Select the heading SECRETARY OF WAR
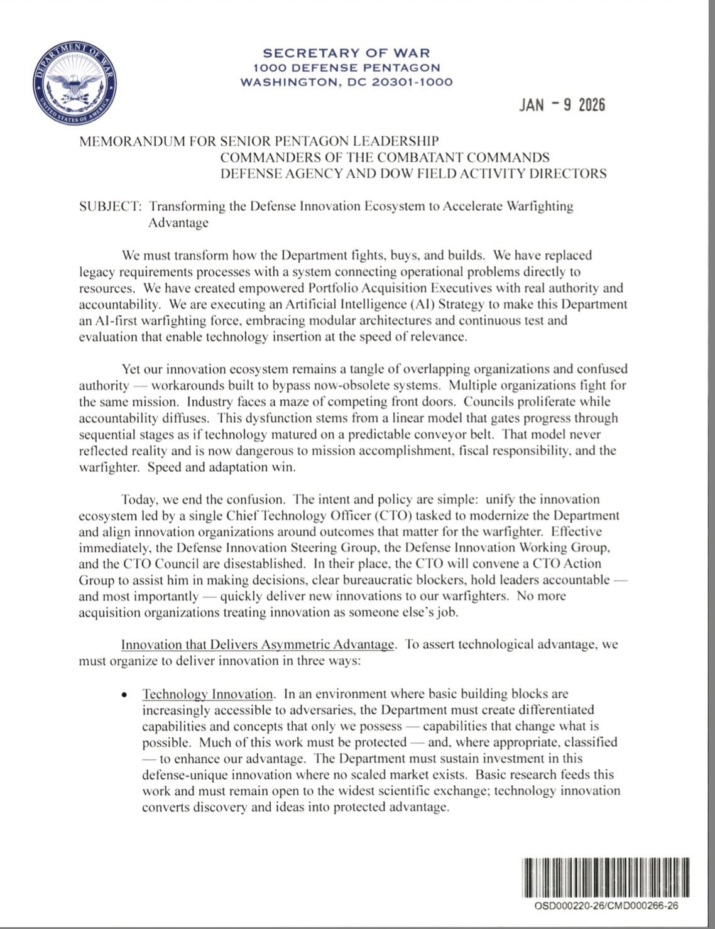pyautogui.click(x=346, y=53)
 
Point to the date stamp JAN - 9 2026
pyautogui.click(x=562, y=105)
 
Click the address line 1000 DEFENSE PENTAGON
pyautogui.click(x=346, y=68)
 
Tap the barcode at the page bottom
pyautogui.click(x=605, y=877)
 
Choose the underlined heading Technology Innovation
pyautogui.click(x=207, y=695)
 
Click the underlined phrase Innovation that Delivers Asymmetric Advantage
pyautogui.click(x=258, y=645)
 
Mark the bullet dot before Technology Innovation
pyautogui.click(x=126, y=695)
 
